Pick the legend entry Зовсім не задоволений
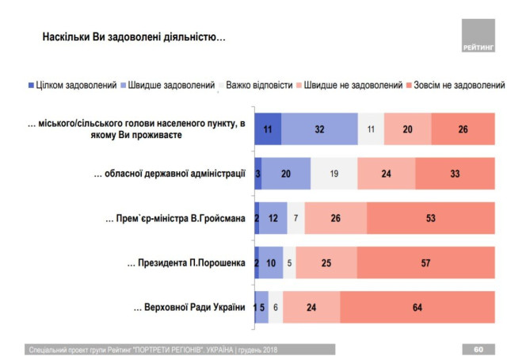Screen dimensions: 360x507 455,85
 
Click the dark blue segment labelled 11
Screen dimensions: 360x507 268,128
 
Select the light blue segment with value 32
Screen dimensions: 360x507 318,128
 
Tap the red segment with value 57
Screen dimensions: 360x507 426,262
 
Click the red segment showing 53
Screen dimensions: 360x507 431,218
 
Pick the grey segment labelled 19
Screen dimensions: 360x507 334,173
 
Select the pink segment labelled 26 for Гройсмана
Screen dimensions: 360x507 335,218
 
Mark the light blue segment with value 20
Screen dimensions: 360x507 286,173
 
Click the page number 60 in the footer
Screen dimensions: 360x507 478,348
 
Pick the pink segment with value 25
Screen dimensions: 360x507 326,262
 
